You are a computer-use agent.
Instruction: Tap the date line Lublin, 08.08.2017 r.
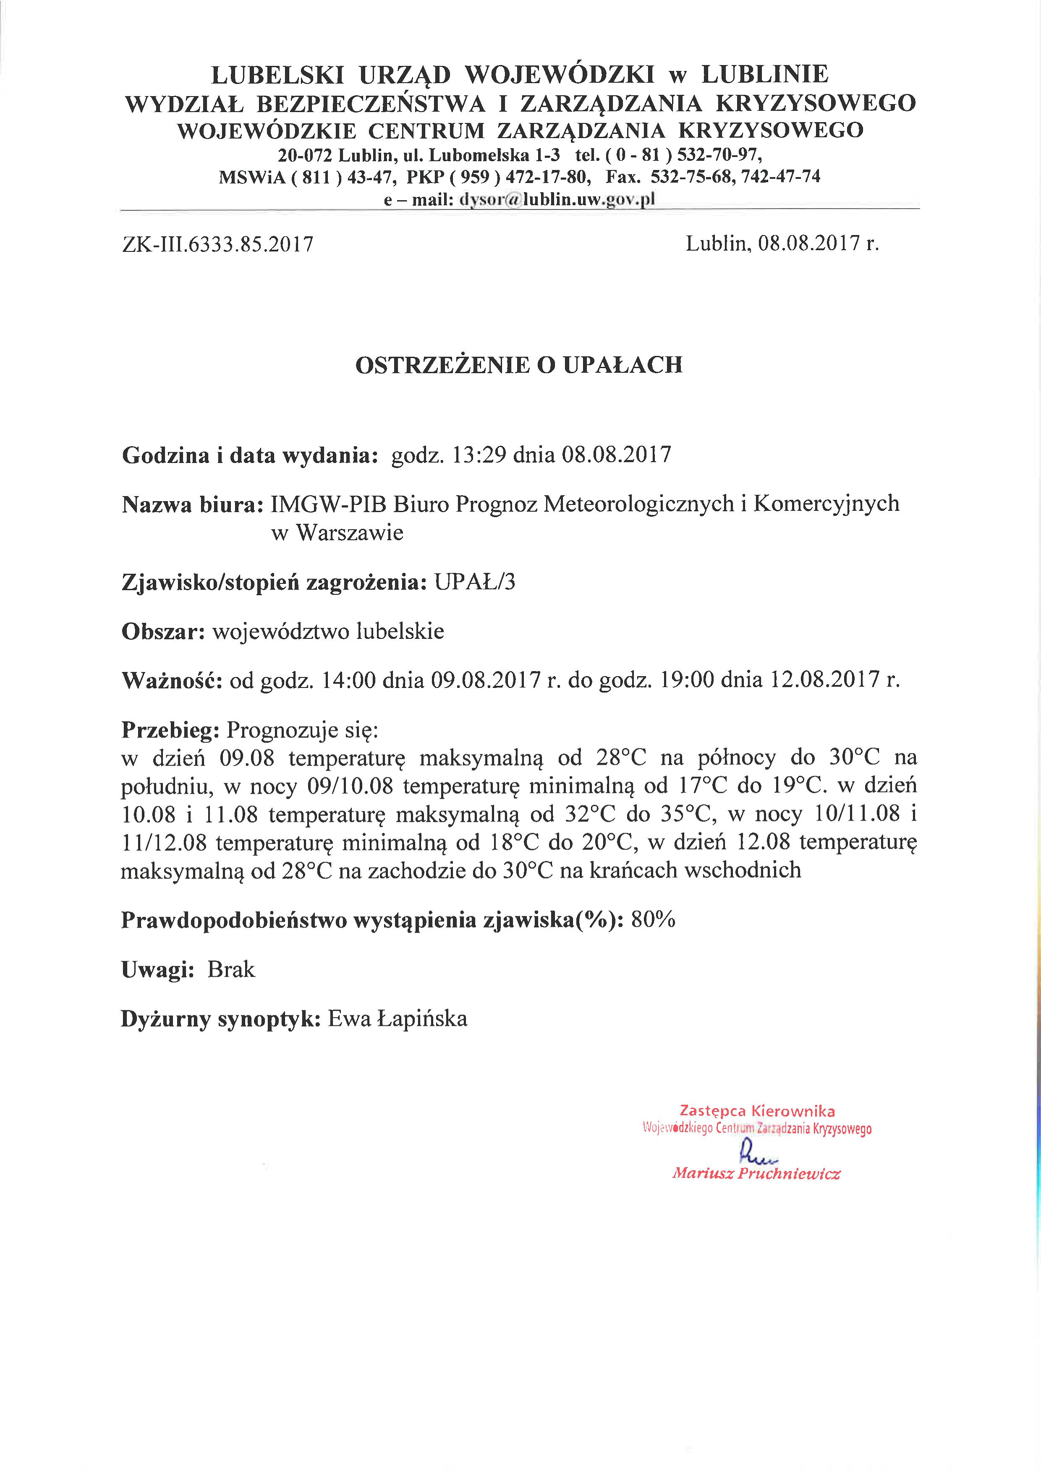tap(782, 243)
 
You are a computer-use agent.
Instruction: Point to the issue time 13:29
tap(479, 455)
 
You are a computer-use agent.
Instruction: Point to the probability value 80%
tap(653, 920)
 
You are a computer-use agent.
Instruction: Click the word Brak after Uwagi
tap(231, 969)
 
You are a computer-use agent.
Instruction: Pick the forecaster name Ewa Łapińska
tap(398, 1019)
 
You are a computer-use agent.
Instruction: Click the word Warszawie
tap(349, 533)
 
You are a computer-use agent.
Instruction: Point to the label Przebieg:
tap(170, 729)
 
